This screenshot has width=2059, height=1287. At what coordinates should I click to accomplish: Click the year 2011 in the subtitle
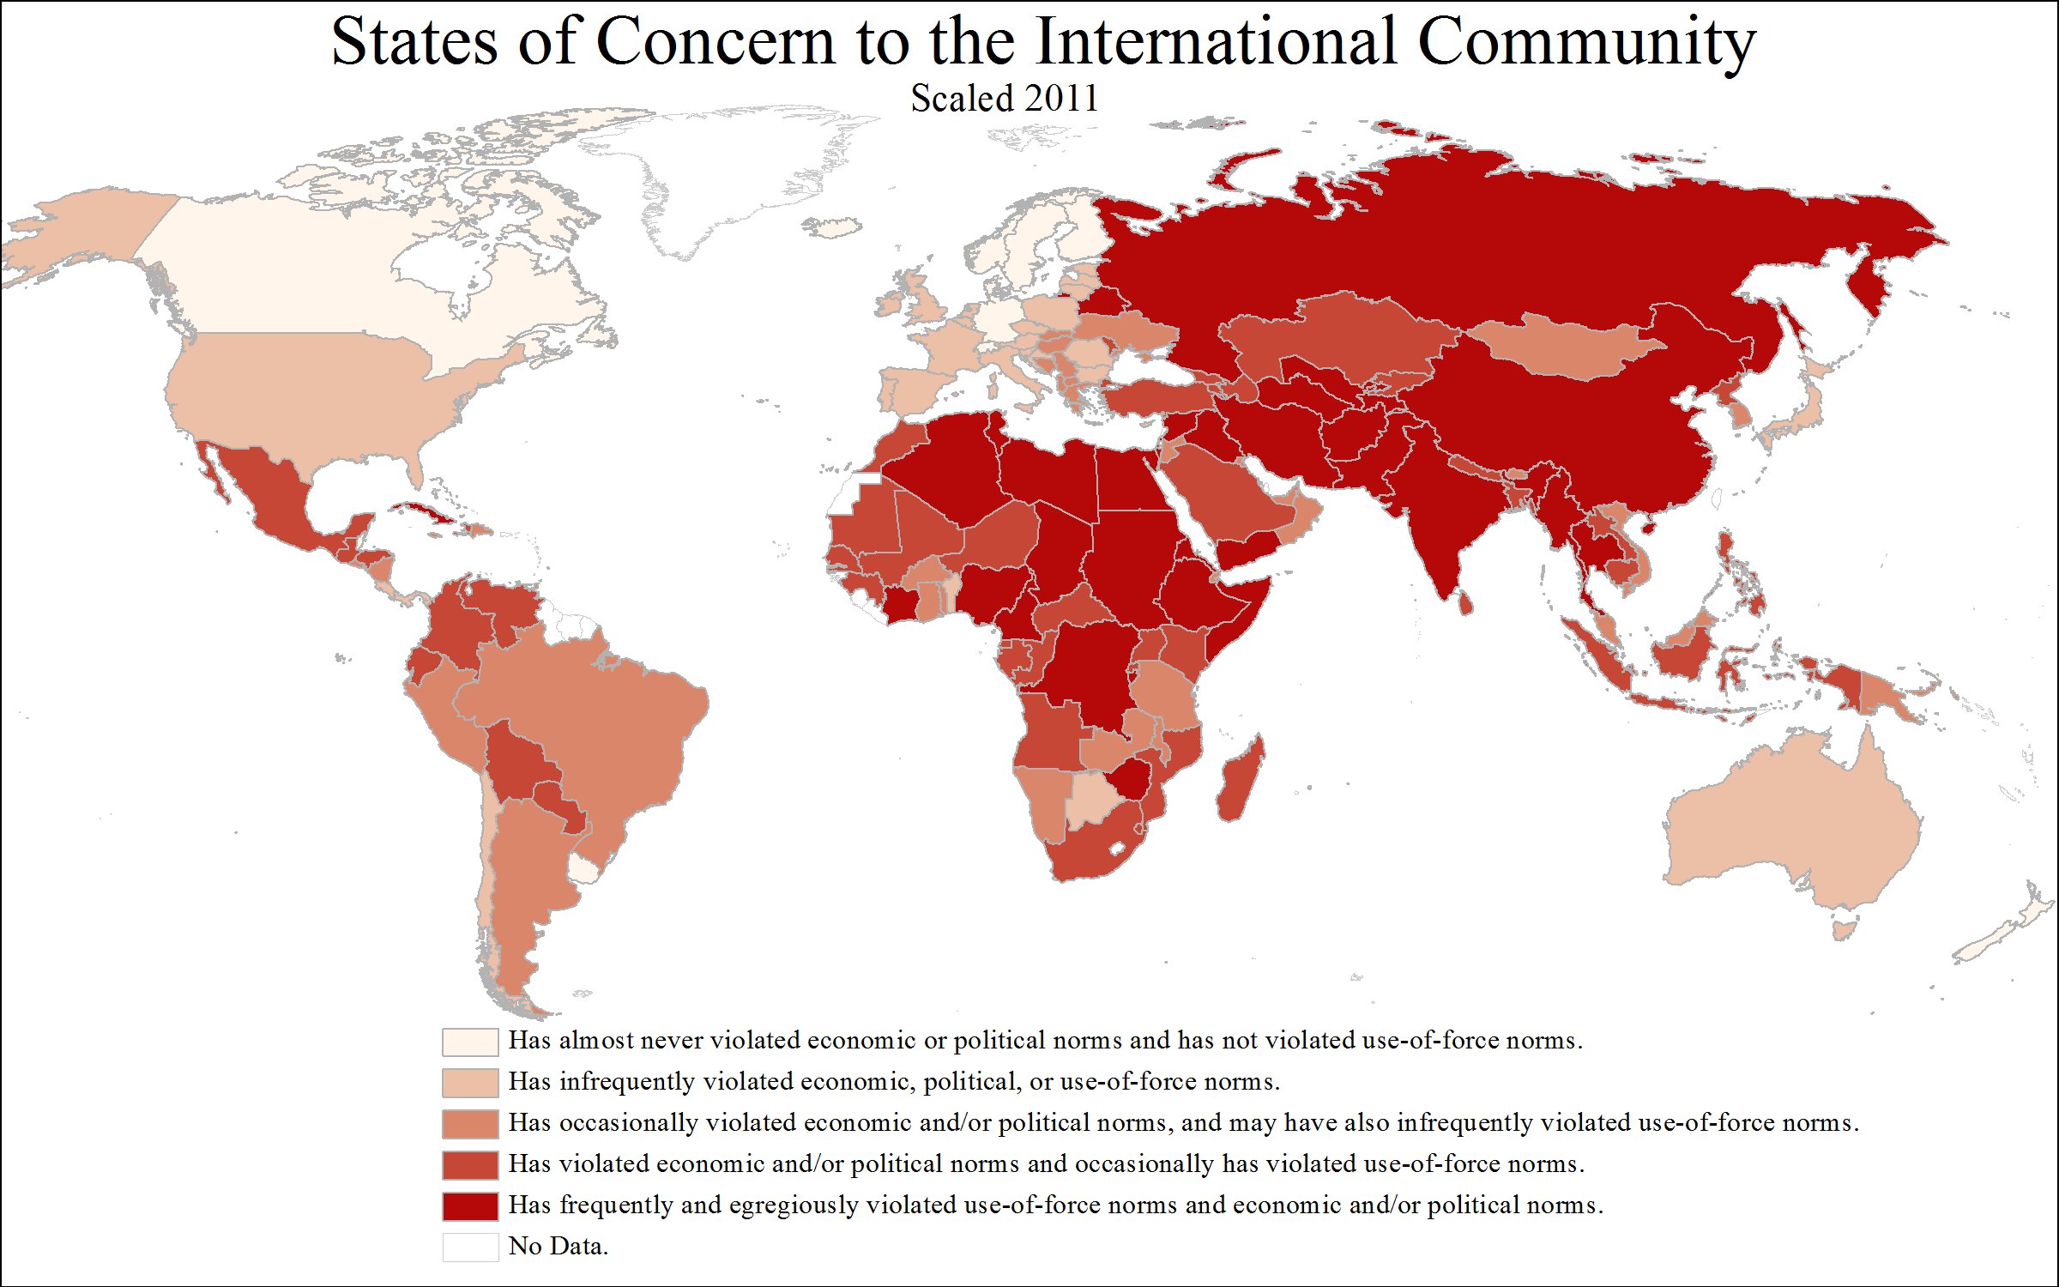pos(1066,99)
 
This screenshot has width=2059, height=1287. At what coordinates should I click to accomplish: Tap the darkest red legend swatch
pos(469,1205)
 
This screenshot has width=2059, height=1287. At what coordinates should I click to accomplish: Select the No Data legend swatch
pos(469,1247)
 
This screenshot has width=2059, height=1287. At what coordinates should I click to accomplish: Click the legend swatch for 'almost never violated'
pos(469,1042)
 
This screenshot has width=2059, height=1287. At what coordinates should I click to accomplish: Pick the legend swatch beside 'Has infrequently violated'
pos(469,1083)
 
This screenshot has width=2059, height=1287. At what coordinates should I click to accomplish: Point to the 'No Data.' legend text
pos(558,1246)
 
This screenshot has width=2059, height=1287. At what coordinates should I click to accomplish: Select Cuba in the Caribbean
pos(427,513)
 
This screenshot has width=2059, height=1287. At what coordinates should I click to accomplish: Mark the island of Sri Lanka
pos(1467,602)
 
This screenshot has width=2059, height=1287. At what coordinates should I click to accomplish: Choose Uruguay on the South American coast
pos(585,870)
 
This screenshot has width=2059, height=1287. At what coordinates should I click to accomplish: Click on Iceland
pos(831,227)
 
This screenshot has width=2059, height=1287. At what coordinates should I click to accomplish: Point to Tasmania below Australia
pos(1844,928)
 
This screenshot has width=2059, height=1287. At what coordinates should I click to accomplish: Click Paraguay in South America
pos(559,802)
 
